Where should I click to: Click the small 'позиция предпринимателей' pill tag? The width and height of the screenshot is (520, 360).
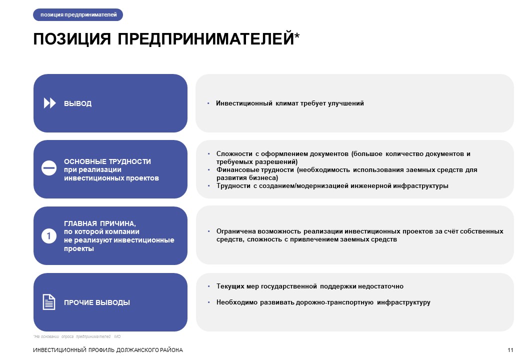coord(78,14)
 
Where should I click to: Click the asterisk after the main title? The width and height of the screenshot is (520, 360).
coord(297,35)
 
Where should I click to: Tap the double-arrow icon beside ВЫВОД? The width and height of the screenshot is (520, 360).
coord(49,103)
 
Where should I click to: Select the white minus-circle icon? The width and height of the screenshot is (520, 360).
coord(49,168)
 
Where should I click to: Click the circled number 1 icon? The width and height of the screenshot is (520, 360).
coord(49,236)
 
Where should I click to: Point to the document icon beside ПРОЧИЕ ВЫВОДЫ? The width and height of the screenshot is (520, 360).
coord(49,302)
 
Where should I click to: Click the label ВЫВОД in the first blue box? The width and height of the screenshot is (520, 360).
coord(77,103)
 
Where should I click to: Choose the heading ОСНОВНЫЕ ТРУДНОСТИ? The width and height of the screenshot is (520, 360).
coord(107,161)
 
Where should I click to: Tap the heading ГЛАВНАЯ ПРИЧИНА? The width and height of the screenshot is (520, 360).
coord(100,223)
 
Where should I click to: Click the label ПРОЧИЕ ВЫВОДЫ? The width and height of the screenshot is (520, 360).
coord(97,302)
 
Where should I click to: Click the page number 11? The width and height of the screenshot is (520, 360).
coord(510,350)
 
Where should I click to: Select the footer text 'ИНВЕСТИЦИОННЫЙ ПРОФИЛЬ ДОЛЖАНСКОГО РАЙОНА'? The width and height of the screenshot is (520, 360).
coord(108,350)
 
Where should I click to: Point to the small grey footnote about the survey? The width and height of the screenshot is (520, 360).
coord(77,336)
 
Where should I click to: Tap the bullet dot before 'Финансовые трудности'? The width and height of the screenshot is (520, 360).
coord(209,169)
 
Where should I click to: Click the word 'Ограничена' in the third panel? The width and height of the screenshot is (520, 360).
coord(235,231)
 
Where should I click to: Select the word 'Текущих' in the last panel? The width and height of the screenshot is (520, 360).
coord(230,286)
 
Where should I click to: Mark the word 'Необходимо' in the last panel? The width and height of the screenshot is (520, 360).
coord(237,302)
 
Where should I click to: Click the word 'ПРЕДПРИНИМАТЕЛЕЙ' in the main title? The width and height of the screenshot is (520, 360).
coord(205,39)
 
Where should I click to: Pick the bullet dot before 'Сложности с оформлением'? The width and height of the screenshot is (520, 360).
coord(209,154)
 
